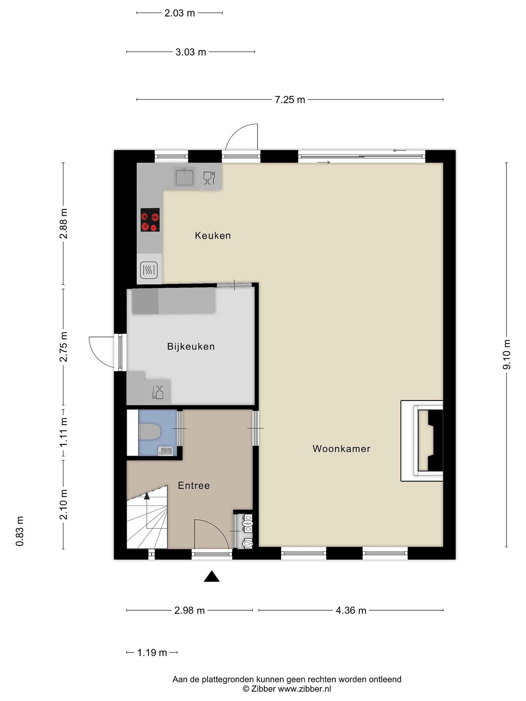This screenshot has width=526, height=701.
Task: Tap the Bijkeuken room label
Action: click(x=191, y=346)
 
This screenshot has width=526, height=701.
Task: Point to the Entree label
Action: click(x=194, y=486)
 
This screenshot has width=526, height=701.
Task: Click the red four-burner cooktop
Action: click(x=150, y=220)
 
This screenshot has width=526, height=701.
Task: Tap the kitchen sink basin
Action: click(x=184, y=177)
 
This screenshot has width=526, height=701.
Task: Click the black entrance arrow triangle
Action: click(x=211, y=576)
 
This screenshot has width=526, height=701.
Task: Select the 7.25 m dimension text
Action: click(x=290, y=100)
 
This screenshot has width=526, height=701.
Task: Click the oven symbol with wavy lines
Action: click(x=149, y=270)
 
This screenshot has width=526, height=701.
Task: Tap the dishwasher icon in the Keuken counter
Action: click(x=209, y=178)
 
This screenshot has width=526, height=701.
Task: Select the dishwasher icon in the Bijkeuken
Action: click(x=158, y=392)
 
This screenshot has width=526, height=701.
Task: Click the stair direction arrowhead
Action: click(x=147, y=496)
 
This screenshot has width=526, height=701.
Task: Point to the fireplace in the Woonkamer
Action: click(x=422, y=441)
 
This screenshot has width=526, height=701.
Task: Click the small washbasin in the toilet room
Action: click(x=166, y=450)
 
